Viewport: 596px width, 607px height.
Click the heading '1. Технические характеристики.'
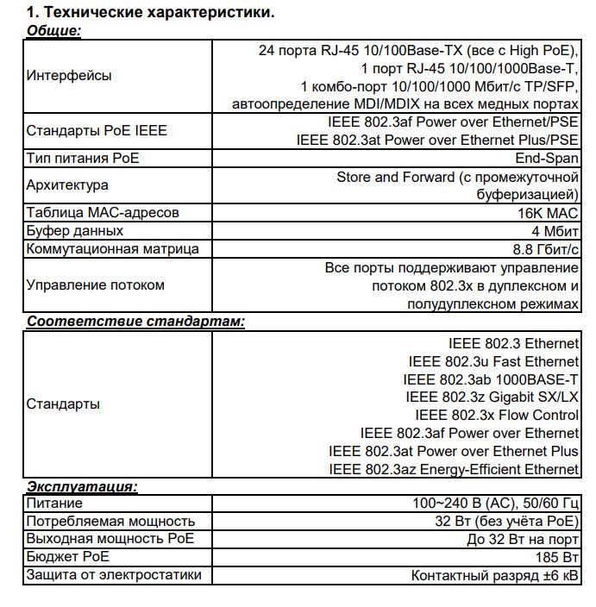tap(151, 13)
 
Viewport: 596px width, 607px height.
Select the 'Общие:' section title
tap(53, 31)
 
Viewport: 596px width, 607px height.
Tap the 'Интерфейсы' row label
tap(69, 76)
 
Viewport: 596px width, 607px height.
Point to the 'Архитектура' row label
tap(67, 185)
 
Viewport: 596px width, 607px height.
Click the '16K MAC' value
tap(548, 213)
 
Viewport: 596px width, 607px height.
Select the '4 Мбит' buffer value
tap(555, 231)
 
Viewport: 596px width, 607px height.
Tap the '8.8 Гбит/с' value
tap(545, 249)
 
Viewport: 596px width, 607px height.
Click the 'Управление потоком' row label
tap(95, 285)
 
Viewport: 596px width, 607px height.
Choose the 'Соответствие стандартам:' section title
tap(135, 322)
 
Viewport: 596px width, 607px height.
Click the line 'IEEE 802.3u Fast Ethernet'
tap(493, 361)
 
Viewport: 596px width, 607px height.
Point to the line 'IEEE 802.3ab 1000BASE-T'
tap(490, 379)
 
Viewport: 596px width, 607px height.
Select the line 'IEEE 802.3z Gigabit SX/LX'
tap(492, 397)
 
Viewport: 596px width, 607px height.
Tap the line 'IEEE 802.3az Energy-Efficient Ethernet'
tap(454, 470)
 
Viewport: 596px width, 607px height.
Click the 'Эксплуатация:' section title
tap(82, 486)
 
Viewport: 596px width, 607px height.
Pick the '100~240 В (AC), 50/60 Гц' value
tap(495, 503)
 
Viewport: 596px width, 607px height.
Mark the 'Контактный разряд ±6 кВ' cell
tap(494, 575)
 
